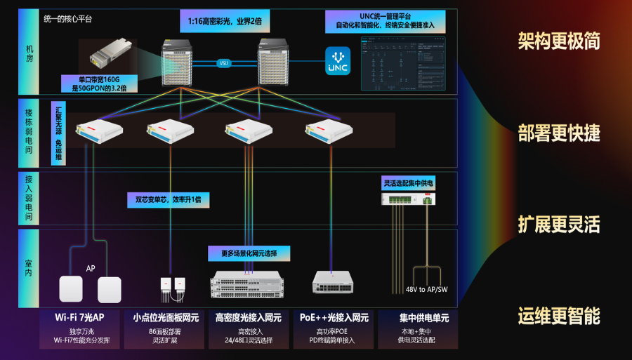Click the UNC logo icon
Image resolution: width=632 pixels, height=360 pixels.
tap(338, 60)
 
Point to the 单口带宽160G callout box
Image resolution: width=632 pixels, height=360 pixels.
tap(99, 84)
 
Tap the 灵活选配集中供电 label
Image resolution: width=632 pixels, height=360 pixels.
tap(409, 183)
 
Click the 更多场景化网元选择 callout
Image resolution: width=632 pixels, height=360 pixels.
tap(249, 253)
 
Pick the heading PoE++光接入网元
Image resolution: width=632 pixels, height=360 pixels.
tap(334, 318)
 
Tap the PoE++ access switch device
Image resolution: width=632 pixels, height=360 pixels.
tap(333, 282)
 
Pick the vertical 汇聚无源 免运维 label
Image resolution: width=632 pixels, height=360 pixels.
tap(58, 133)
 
